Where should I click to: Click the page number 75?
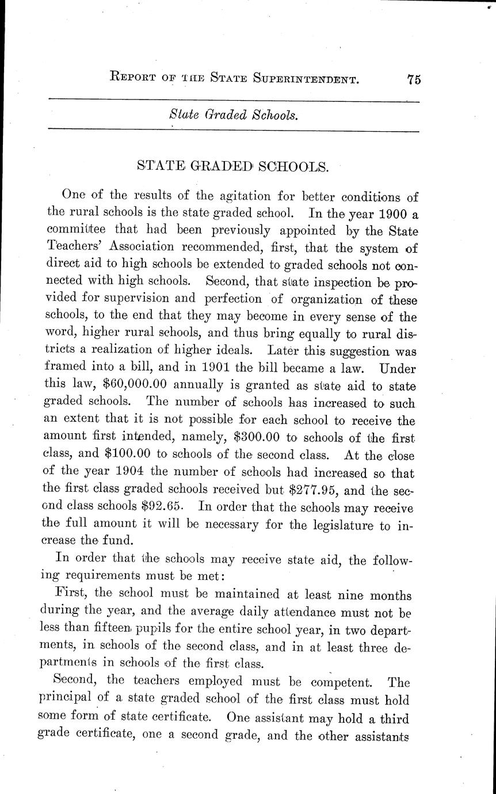pyautogui.click(x=413, y=80)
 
